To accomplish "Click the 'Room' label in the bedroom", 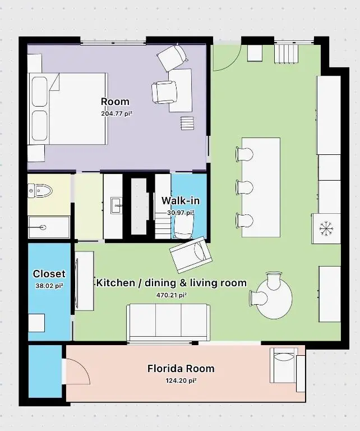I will point(115,102).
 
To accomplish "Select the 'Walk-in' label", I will point(180,201).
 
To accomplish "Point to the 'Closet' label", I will point(49,274).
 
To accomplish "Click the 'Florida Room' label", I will point(181,369).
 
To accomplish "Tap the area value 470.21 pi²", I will point(171,294).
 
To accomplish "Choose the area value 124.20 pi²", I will point(181,380).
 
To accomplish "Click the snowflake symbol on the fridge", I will point(326,228).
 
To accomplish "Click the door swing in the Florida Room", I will point(76,373).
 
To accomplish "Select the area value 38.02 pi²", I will point(49,285).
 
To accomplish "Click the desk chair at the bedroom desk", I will point(164,91).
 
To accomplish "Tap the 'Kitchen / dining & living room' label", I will point(171,283).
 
